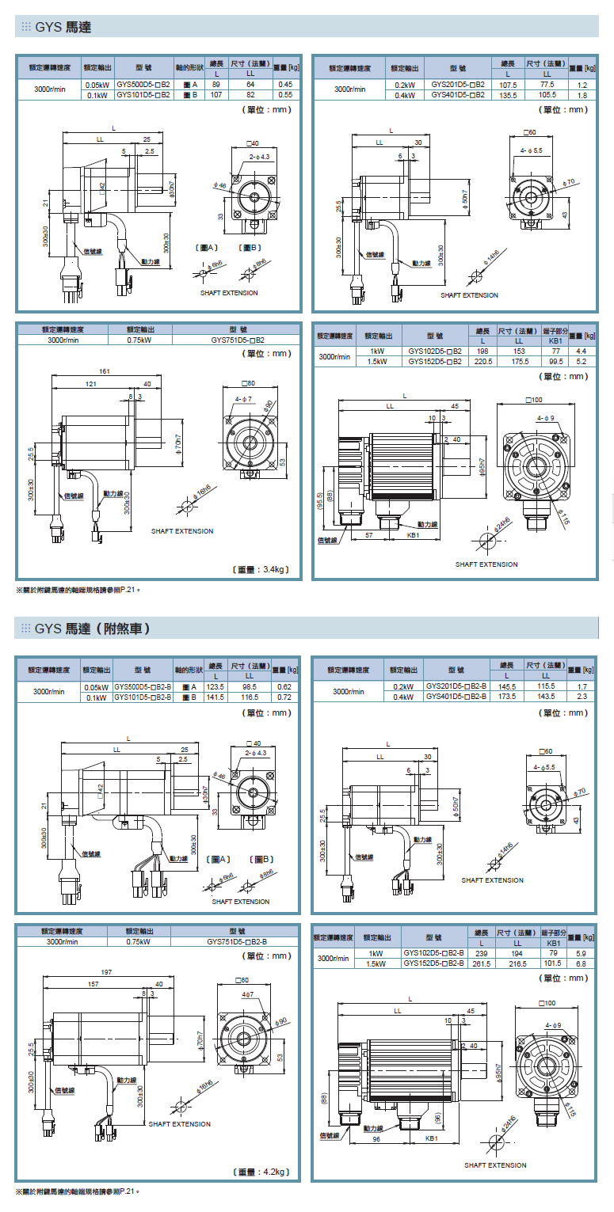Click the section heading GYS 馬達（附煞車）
pyautogui.click(x=93, y=629)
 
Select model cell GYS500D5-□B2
pyautogui.click(x=143, y=84)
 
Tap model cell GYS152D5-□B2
pyautogui.click(x=434, y=361)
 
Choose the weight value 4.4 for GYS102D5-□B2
pyautogui.click(x=581, y=351)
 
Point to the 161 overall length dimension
pyautogui.click(x=104, y=371)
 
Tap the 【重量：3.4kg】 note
pyautogui.click(x=262, y=568)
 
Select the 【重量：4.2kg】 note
pyautogui.click(x=262, y=1172)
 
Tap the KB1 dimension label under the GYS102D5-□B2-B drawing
pyautogui.click(x=432, y=1138)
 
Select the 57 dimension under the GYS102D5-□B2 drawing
pyautogui.click(x=369, y=535)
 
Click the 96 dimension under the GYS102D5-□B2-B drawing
pyautogui.click(x=376, y=1138)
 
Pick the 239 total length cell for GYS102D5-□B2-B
pyautogui.click(x=481, y=954)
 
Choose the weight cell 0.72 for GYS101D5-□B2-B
pyautogui.click(x=285, y=697)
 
